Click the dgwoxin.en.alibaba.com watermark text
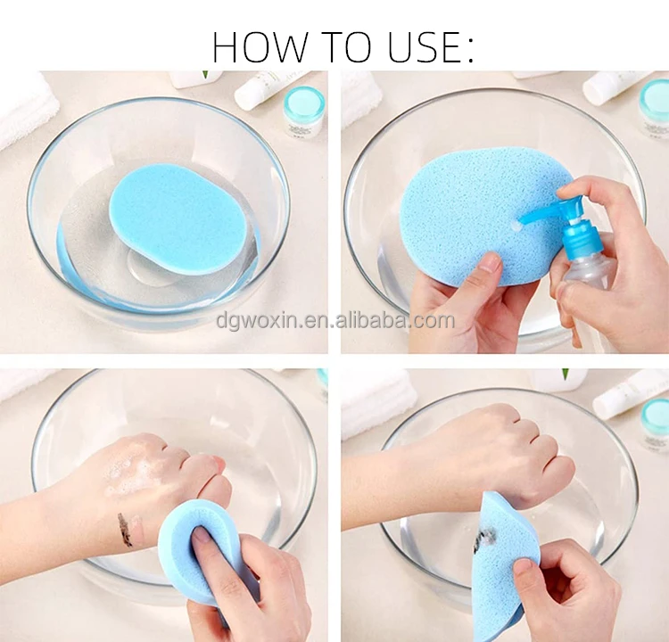pos(334,320)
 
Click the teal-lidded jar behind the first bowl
pos(303,109)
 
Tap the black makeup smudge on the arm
pos(125,530)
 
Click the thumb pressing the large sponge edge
pos(489,263)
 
